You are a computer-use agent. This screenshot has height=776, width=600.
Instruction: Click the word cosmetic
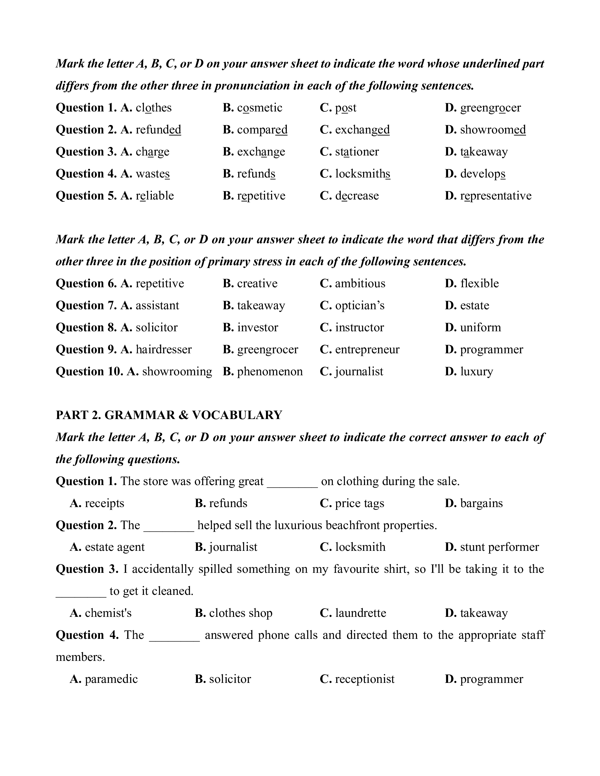pyautogui.click(x=259, y=108)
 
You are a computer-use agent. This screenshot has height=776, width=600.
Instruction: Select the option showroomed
pyautogui.click(x=493, y=130)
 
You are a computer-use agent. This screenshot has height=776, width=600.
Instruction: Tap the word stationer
pyautogui.click(x=357, y=152)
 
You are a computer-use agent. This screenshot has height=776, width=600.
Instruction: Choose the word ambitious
pyautogui.click(x=360, y=284)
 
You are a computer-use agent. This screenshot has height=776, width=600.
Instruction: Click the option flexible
pyautogui.click(x=479, y=284)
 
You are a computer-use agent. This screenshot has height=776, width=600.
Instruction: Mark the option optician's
pyautogui.click(x=359, y=306)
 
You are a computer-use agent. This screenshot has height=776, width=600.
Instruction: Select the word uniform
pyautogui.click(x=480, y=328)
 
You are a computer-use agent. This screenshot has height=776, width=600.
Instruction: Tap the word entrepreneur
pyautogui.click(x=367, y=350)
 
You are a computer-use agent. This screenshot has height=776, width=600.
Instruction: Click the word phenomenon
pyautogui.click(x=270, y=372)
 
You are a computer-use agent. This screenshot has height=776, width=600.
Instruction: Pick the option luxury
pyautogui.click(x=476, y=372)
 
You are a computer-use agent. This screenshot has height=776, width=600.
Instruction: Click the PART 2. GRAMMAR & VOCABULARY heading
pyautogui.click(x=169, y=415)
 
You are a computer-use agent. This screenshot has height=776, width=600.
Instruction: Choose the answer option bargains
pyautogui.click(x=481, y=503)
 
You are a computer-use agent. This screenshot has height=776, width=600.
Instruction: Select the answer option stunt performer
pyautogui.click(x=499, y=547)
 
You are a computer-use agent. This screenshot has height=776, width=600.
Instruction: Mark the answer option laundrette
pyautogui.click(x=361, y=613)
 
